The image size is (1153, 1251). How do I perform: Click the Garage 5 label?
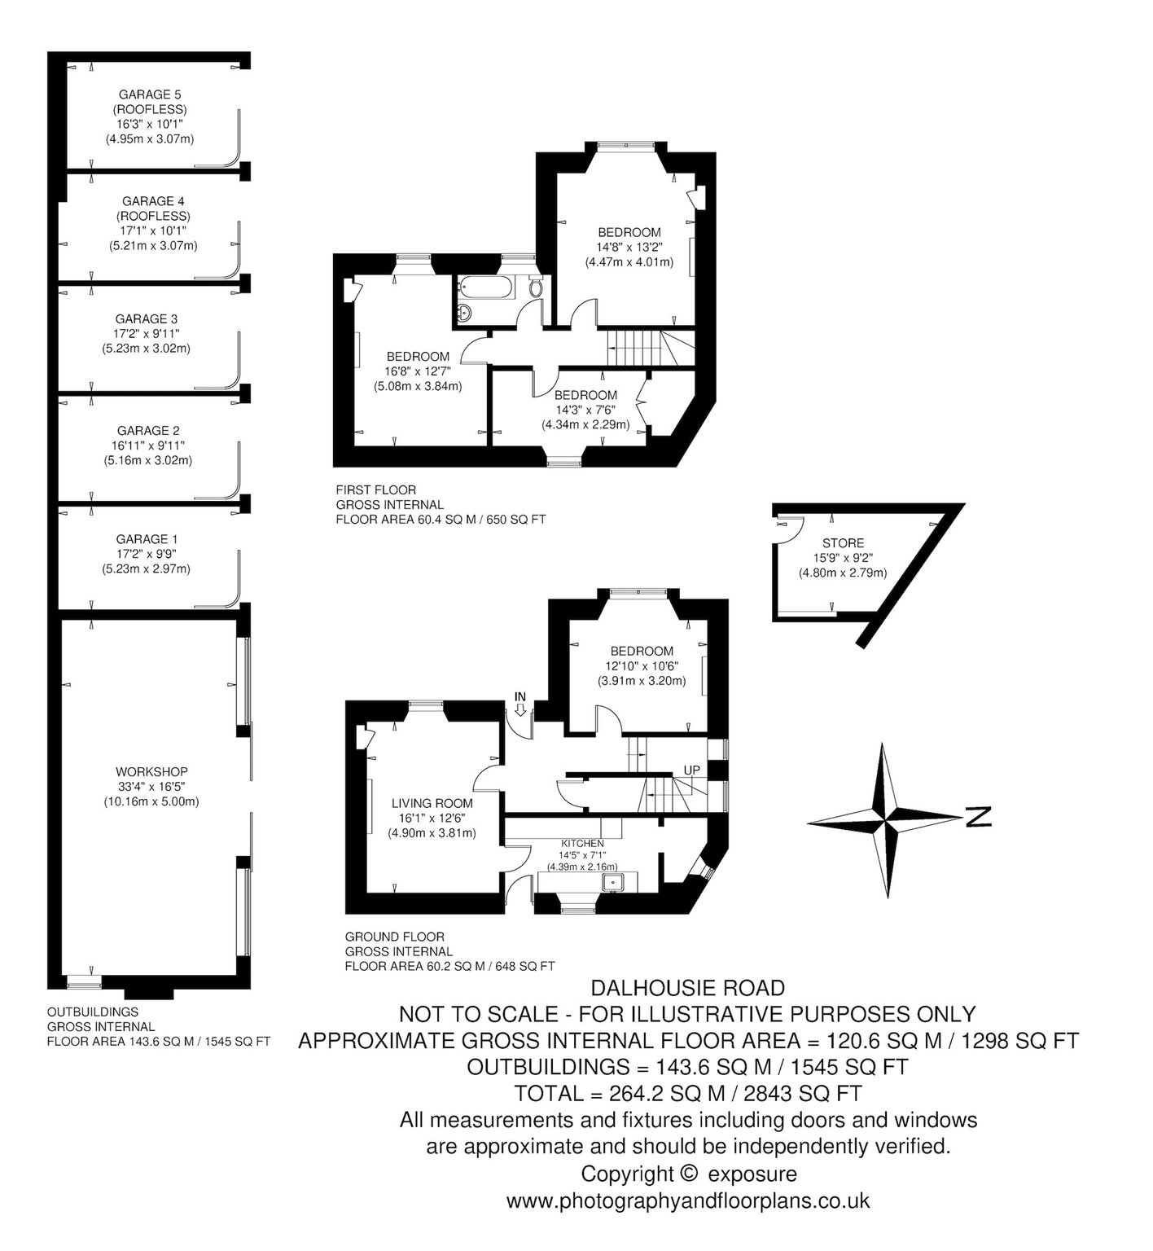click(x=149, y=94)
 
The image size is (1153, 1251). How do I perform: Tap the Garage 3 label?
click(x=147, y=318)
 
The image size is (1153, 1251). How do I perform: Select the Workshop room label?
click(x=151, y=771)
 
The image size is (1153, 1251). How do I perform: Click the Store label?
click(x=843, y=543)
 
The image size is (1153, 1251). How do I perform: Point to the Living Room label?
click(x=432, y=803)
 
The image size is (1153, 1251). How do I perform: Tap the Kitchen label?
click(x=581, y=843)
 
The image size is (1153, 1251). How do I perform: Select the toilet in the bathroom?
click(x=535, y=288)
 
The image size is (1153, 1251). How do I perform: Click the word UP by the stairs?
click(x=691, y=770)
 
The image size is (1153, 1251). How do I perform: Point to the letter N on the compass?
click(x=978, y=816)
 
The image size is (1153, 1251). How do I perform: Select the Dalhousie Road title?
click(x=688, y=988)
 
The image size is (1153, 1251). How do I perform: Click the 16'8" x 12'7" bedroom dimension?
click(x=418, y=371)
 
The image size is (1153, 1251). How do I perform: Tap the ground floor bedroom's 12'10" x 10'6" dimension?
click(x=642, y=665)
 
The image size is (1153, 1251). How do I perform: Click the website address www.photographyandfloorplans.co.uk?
click(x=688, y=1201)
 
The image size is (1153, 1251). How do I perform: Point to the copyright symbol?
click(x=688, y=1174)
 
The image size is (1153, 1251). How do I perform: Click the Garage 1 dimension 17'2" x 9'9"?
click(x=147, y=554)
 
